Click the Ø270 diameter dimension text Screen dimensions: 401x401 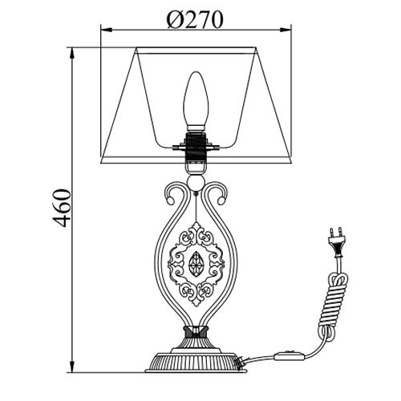pos(195,19)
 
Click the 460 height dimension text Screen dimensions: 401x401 pos(62,208)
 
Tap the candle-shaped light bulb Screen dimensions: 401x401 pos(196,102)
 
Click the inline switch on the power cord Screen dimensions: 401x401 pos(290,355)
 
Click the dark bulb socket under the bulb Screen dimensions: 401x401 pos(196,147)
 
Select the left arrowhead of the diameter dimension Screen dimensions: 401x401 pos(107,30)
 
